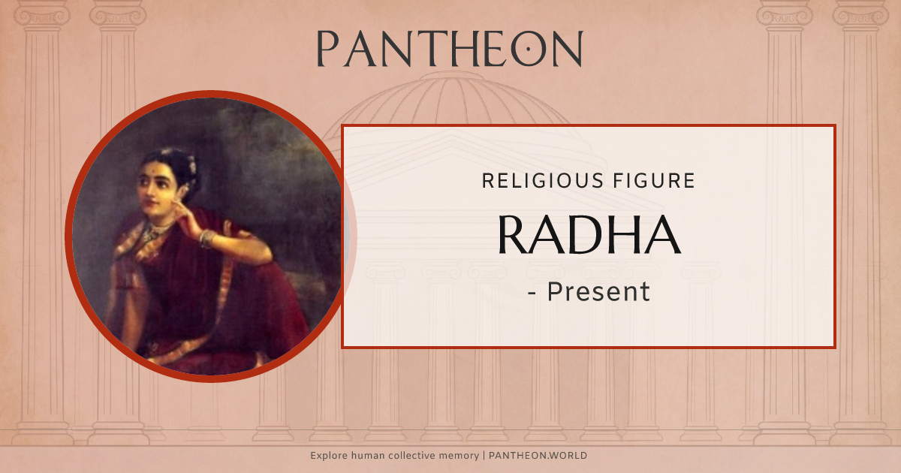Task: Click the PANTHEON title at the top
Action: tap(449, 49)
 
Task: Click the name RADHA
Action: tap(589, 234)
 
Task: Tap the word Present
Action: tap(598, 291)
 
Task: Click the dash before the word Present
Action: tap(532, 293)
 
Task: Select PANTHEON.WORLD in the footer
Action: tap(540, 456)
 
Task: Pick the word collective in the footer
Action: tap(417, 456)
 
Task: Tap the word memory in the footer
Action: tap(463, 456)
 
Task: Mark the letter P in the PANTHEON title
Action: tap(327, 50)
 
